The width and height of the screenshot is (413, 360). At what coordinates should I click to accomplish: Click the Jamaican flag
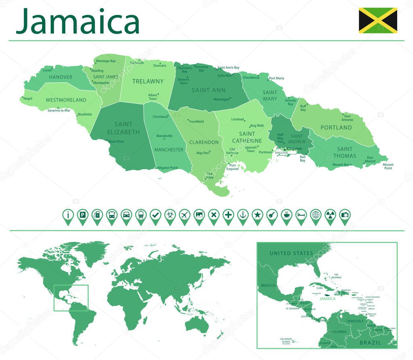pyautogui.click(x=378, y=20)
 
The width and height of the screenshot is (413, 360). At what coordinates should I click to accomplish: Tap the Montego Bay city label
pyautogui.click(x=105, y=61)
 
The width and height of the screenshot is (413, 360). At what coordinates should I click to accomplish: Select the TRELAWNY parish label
pyautogui.click(x=148, y=81)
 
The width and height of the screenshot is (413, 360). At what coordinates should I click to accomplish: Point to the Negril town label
pyautogui.click(x=28, y=98)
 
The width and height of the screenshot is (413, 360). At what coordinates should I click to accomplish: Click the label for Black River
pyautogui.click(x=117, y=141)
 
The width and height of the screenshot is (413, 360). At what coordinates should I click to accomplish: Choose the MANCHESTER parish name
pyautogui.click(x=169, y=150)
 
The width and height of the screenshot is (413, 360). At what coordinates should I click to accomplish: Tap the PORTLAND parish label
pyautogui.click(x=336, y=128)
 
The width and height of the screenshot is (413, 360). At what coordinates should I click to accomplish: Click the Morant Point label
pyautogui.click(x=388, y=166)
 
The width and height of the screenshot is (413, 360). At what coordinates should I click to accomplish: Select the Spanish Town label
pyautogui.click(x=251, y=149)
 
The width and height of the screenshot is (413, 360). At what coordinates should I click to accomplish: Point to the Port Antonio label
pyautogui.click(x=348, y=118)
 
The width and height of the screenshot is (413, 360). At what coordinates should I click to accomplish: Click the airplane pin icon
pyautogui.click(x=184, y=215)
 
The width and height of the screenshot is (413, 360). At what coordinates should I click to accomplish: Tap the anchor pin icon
pyautogui.click(x=242, y=215)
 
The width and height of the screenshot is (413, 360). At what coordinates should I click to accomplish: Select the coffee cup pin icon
pyautogui.click(x=286, y=215)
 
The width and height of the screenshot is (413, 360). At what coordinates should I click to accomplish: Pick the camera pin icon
pyautogui.click(x=344, y=215)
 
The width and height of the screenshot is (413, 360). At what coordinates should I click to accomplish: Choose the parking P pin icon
pyautogui.click(x=82, y=215)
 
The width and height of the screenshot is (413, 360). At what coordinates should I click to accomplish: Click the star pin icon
pyautogui.click(x=257, y=215)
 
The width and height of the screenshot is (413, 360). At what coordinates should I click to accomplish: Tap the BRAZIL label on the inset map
pyautogui.click(x=370, y=342)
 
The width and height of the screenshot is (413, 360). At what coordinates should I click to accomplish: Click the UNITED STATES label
pyautogui.click(x=291, y=253)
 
